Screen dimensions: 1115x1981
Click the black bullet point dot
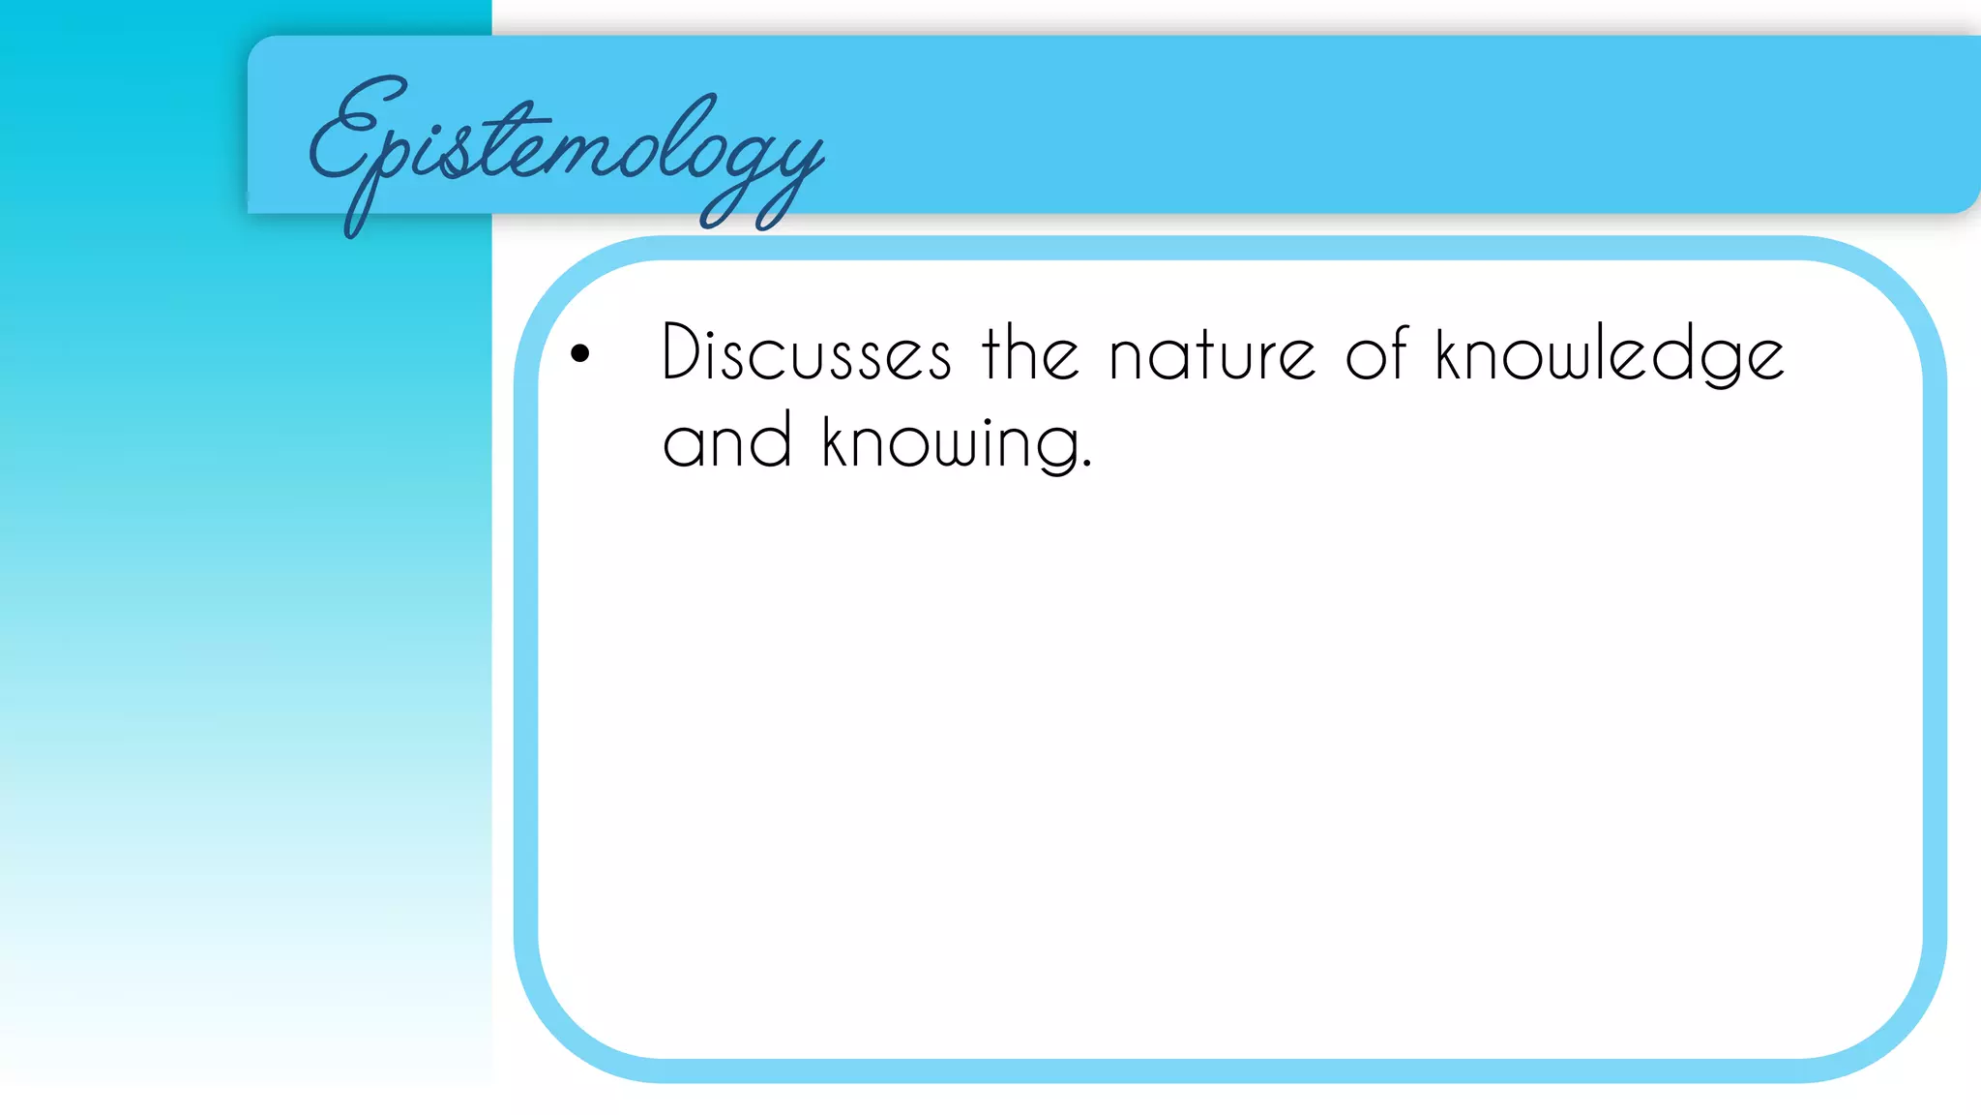[x=579, y=353]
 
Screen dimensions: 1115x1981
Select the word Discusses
[x=807, y=352]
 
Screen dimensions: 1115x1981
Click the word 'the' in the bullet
[x=1030, y=352]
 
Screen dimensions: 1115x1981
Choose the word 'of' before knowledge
[x=1375, y=352]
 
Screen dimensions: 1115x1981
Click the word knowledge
[x=1610, y=354]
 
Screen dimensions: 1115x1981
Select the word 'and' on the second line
[x=727, y=441]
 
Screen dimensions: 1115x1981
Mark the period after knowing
[x=1087, y=465]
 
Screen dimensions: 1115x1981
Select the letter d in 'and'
[x=773, y=441]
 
